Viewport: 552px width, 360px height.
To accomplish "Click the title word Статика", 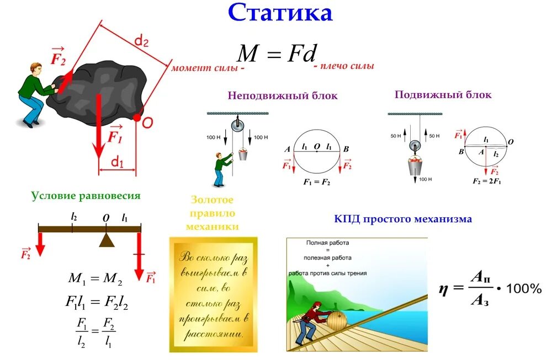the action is (x=280, y=13).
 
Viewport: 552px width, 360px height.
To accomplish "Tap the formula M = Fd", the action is (x=277, y=53).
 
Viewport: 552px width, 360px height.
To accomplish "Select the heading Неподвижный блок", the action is (x=283, y=96).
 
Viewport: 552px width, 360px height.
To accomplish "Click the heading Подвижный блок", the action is (x=443, y=95).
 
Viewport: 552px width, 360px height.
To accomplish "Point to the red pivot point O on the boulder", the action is (x=137, y=117).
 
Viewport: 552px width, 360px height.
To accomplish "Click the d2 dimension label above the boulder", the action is (x=142, y=40).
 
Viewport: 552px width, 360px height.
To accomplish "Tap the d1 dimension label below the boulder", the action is (x=117, y=162).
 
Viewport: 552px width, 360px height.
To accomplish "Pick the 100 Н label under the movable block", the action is (x=425, y=179).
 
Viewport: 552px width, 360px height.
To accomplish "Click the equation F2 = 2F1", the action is (x=486, y=181).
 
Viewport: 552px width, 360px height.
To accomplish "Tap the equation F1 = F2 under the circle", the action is (x=316, y=181).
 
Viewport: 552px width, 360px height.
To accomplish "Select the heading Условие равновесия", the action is (x=86, y=196).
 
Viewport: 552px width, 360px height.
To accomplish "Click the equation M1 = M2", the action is (x=95, y=279).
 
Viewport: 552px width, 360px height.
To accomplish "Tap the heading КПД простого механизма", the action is (x=403, y=219).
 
